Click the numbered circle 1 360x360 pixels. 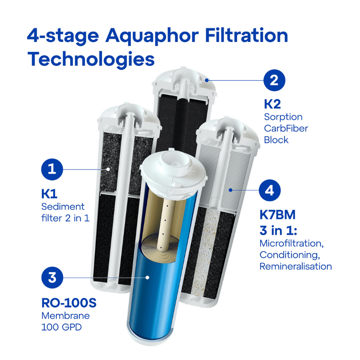pyautogui.click(x=52, y=169)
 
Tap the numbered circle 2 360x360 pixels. pyautogui.click(x=274, y=80)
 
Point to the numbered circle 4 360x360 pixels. pyautogui.click(x=270, y=190)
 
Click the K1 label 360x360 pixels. pyautogui.click(x=49, y=194)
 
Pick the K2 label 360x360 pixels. pyautogui.click(x=272, y=104)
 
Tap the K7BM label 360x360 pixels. pyautogui.click(x=277, y=215)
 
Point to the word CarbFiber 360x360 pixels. pyautogui.click(x=286, y=129)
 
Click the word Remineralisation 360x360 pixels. pyautogui.click(x=296, y=266)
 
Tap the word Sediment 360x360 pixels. pyautogui.click(x=63, y=207)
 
